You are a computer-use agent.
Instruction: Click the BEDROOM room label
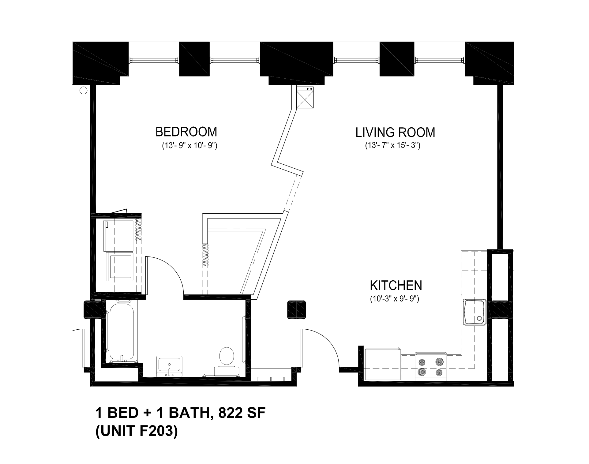pos(186,132)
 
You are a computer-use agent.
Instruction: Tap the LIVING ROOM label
pos(395,133)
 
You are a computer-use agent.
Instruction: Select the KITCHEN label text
pos(396,286)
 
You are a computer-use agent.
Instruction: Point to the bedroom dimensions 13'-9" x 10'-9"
pos(189,146)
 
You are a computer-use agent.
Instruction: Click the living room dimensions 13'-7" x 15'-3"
pos(392,146)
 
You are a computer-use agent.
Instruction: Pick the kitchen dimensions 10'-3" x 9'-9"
pos(394,299)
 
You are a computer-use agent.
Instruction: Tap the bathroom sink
pos(169,366)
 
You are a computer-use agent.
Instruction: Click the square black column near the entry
pos(297,310)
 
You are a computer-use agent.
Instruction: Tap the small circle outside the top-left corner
pos(83,91)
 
